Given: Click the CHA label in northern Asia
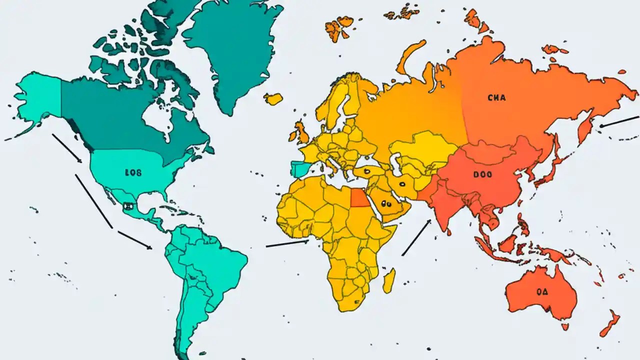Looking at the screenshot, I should (496, 98).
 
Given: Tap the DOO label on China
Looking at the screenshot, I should (482, 175).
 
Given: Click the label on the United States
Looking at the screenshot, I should (133, 173).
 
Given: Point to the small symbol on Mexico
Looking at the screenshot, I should (127, 205).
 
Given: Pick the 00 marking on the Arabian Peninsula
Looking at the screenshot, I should (385, 203).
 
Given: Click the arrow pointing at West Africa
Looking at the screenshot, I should (287, 243).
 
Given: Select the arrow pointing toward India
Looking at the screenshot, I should (416, 237).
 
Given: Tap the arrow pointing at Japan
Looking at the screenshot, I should (619, 121).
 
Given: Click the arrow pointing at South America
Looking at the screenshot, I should (135, 240).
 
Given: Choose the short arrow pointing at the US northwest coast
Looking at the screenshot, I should (67, 148).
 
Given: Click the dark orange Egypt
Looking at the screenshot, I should (358, 198).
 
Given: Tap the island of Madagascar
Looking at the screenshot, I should (389, 280).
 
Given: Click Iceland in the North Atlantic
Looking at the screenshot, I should (273, 99).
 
